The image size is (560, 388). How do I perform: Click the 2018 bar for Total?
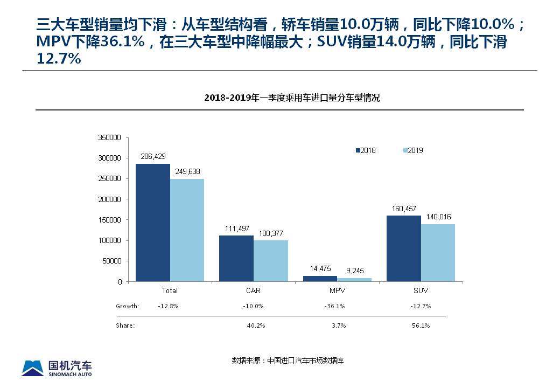coord(153,222)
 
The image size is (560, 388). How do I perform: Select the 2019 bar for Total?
coord(187,230)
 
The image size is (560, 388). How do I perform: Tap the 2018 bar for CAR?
coord(236,258)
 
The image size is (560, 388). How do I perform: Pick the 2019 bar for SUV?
coord(438,252)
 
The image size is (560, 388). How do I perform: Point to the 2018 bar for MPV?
coord(320,279)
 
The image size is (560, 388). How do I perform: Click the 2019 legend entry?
coord(413,150)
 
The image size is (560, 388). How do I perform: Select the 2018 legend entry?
coord(366,150)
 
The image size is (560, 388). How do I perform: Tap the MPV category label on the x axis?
coord(338,290)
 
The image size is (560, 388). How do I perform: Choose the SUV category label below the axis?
coord(421,290)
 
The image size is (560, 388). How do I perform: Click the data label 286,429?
coord(153,157)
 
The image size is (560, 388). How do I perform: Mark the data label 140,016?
coord(438,216)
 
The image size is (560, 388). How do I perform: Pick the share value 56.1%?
coord(421,325)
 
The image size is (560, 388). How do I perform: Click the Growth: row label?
coord(128,306)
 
